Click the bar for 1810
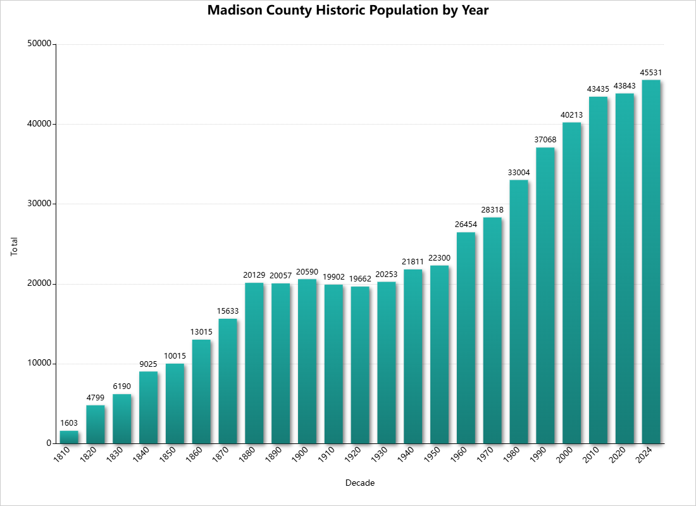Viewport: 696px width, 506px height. (x=69, y=437)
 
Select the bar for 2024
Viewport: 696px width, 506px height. (x=651, y=261)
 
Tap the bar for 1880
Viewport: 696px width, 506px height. (x=254, y=363)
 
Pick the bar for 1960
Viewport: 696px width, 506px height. (x=466, y=338)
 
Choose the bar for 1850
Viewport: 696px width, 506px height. (x=175, y=404)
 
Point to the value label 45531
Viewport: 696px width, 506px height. (x=651, y=73)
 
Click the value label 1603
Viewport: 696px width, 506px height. (x=69, y=423)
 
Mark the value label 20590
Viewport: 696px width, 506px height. (x=307, y=271)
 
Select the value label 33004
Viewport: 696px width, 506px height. (x=519, y=173)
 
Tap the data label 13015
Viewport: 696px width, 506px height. (x=201, y=332)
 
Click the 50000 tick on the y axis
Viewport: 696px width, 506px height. (x=40, y=44)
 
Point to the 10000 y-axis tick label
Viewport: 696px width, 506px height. (x=40, y=364)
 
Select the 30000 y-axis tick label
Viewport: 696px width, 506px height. (x=40, y=204)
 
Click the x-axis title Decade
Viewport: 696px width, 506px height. (x=360, y=483)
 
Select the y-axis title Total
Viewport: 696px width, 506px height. (x=15, y=246)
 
